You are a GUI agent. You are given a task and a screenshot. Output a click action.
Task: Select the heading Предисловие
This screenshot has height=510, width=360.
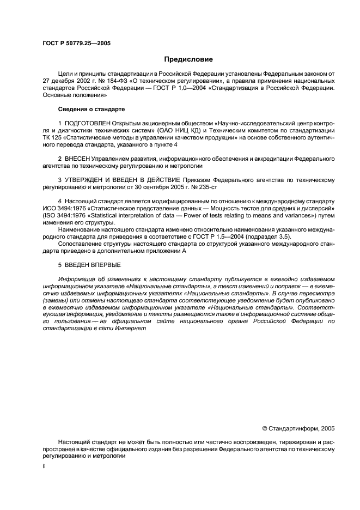(188, 59)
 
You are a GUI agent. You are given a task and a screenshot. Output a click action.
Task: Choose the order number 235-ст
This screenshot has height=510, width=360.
(194, 187)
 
